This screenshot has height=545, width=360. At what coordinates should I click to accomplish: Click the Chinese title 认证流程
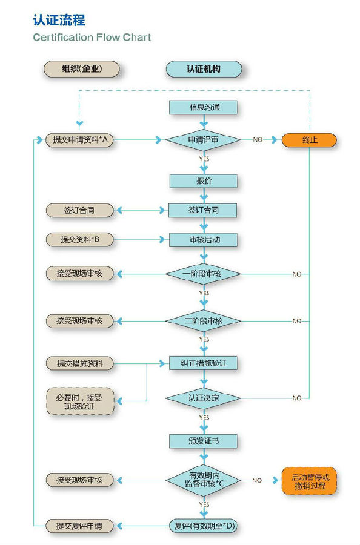tap(59, 21)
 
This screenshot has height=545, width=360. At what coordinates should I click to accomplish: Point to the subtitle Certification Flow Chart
tap(92, 38)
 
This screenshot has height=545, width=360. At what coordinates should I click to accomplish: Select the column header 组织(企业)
tap(81, 69)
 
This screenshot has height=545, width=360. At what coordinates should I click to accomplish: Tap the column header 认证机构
tap(203, 69)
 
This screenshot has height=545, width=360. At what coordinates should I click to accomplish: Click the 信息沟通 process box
tap(203, 108)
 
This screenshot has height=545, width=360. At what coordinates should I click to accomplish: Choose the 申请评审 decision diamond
tap(203, 140)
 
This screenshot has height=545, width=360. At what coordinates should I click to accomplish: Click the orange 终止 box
tap(309, 140)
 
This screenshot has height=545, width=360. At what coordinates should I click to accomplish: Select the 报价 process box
tap(203, 181)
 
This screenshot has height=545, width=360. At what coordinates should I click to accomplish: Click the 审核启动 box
tap(203, 240)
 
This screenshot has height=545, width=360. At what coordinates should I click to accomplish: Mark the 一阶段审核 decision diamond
tap(203, 274)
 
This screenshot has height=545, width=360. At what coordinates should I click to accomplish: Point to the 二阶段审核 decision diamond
tap(203, 320)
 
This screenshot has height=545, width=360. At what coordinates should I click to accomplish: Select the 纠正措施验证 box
tap(203, 363)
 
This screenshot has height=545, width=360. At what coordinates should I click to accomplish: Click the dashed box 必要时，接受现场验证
tap(80, 401)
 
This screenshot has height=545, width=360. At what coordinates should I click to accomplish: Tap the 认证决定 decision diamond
tap(203, 398)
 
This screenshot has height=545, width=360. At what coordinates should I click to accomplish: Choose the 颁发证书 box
tap(203, 440)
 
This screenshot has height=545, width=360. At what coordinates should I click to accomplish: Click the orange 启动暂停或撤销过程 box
tap(309, 481)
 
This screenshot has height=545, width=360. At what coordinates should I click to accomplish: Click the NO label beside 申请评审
tap(258, 140)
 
